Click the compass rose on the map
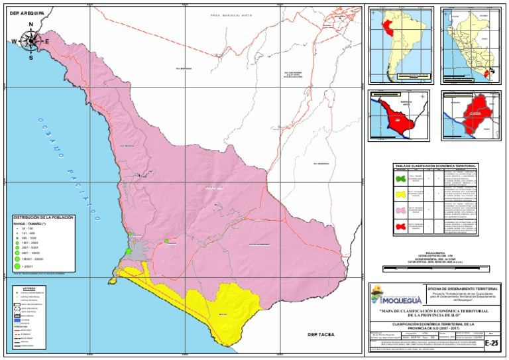[x=30, y=41]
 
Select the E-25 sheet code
[x=491, y=343]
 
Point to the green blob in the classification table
[x=400, y=178]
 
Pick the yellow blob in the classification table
[x=400, y=195]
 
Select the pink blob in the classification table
[x=400, y=211]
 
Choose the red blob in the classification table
[x=400, y=227]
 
